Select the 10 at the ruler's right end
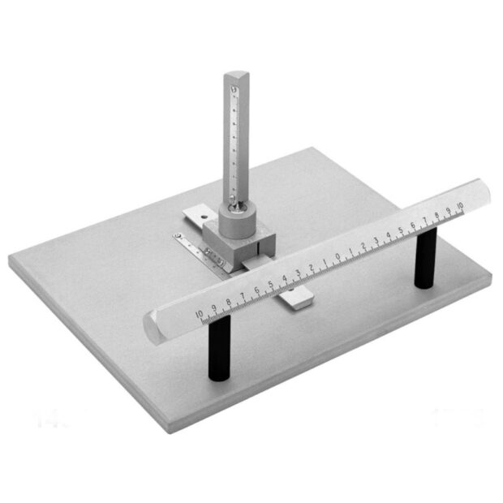pyautogui.click(x=460, y=206)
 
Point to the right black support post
pyautogui.click(x=426, y=258)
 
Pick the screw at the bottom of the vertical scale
pyautogui.click(x=235, y=200)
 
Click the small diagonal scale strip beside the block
pyautogui.click(x=195, y=247)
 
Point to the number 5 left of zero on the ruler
pyautogui.click(x=270, y=285)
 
